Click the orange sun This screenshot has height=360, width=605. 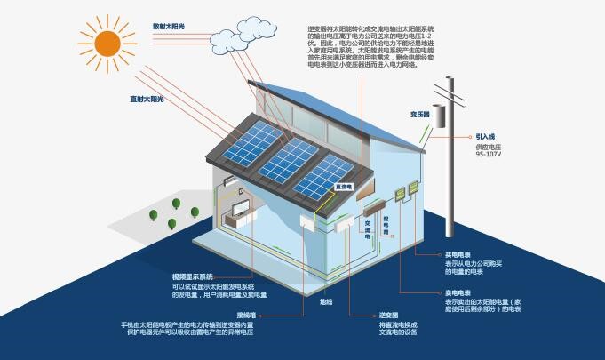(x=107, y=42)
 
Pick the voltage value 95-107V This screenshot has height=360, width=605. (x=490, y=155)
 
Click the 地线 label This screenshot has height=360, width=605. (x=326, y=302)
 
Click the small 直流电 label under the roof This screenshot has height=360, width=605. (x=344, y=188)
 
